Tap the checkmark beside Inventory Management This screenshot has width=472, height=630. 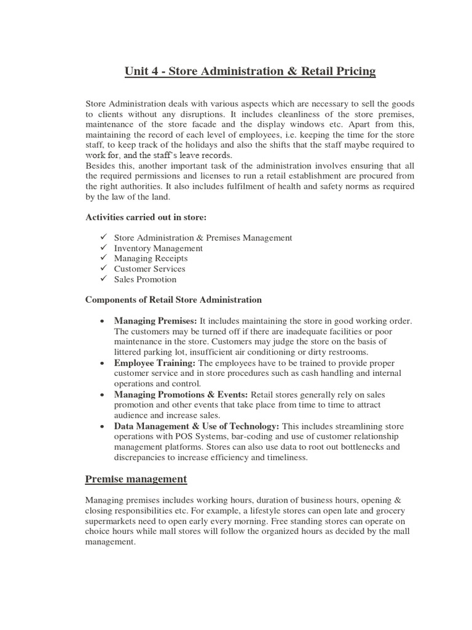coord(102,248)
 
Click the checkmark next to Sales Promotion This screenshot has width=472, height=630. coord(102,279)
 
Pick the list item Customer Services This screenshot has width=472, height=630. coord(149,269)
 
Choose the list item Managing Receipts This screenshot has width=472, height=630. coord(151,258)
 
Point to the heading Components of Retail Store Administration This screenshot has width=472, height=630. coord(173,300)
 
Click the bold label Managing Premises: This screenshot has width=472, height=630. coord(155,321)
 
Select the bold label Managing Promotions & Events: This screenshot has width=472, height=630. coord(181,394)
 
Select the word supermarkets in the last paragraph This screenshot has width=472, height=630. coord(112,520)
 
